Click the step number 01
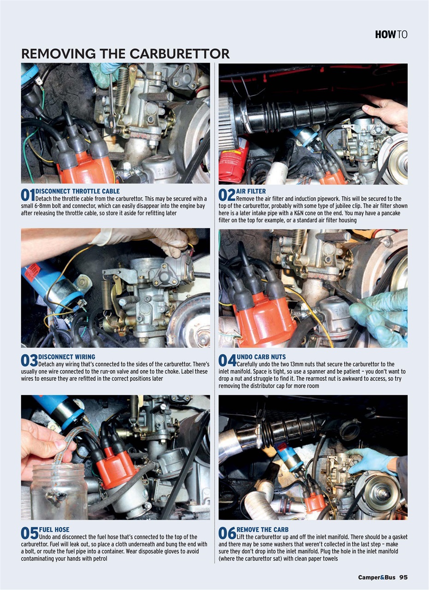point(28,195)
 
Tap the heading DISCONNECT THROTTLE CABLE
point(77,191)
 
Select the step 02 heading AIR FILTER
point(251,191)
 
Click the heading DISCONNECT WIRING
point(67,357)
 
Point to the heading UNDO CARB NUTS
point(261,357)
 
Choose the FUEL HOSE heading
point(54,530)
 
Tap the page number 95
point(403,577)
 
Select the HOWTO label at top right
point(391,35)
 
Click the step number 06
point(227,534)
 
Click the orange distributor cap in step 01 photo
point(85,168)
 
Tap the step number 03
point(29,361)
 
